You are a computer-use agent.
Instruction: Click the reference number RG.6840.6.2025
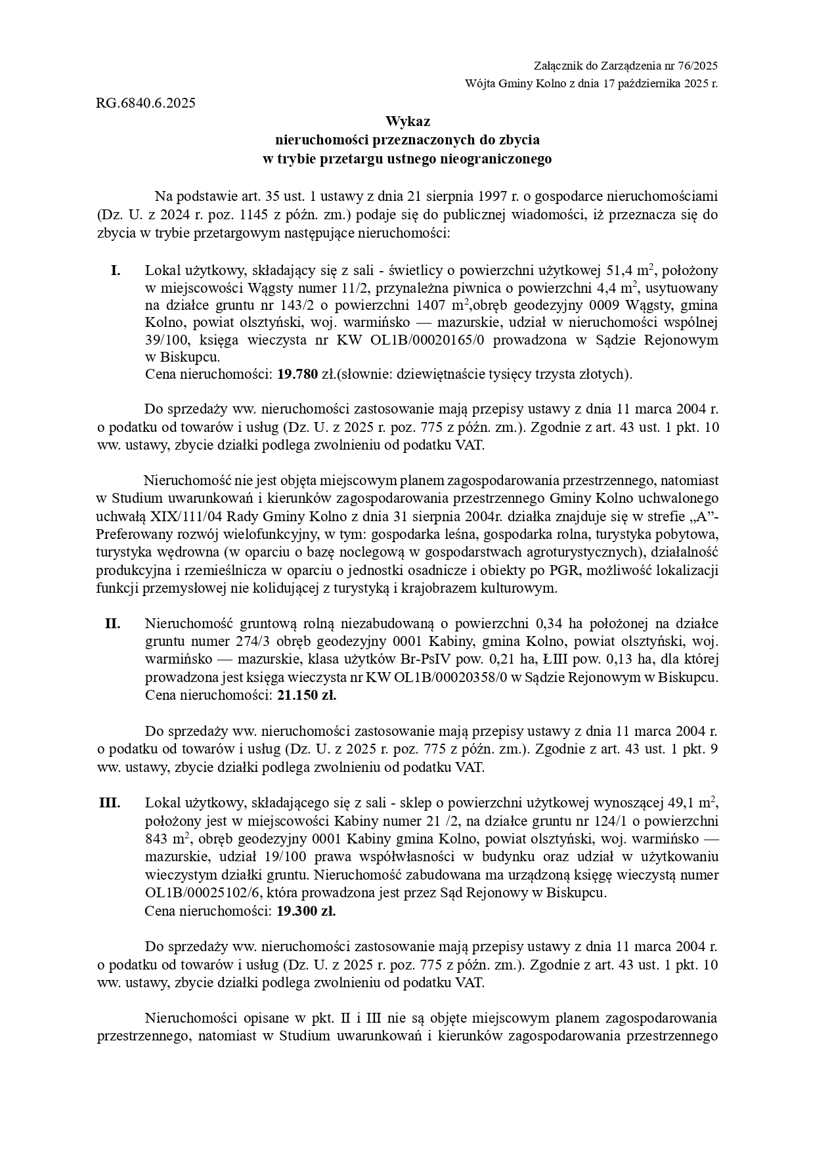pyautogui.click(x=145, y=103)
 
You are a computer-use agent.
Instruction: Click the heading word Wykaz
pyautogui.click(x=407, y=121)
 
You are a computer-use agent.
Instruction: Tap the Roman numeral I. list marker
pyautogui.click(x=116, y=270)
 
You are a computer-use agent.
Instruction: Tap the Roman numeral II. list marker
pyautogui.click(x=112, y=624)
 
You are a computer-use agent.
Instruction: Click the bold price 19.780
pyautogui.click(x=297, y=375)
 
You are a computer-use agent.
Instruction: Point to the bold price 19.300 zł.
pyautogui.click(x=306, y=911)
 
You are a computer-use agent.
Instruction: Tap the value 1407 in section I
pyautogui.click(x=435, y=305)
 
